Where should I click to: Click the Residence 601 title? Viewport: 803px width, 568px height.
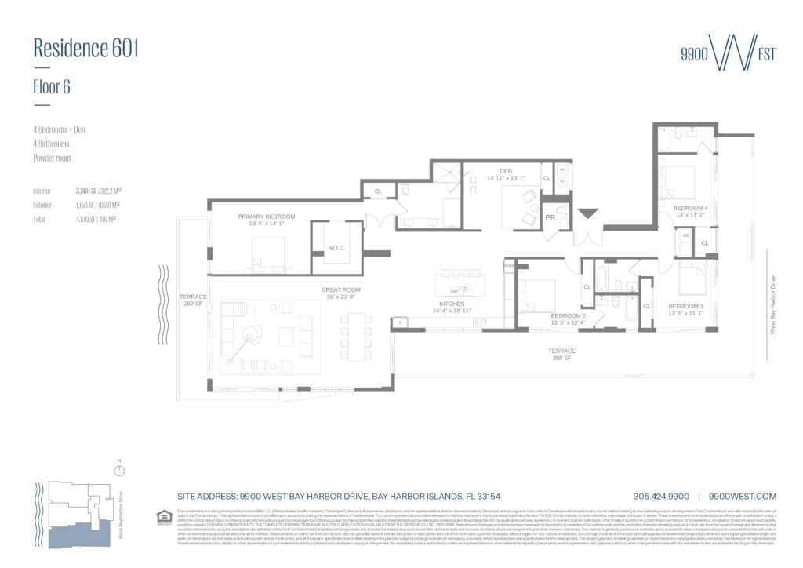pyautogui.click(x=85, y=49)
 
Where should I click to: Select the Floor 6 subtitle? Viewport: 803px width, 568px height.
pyautogui.click(x=52, y=87)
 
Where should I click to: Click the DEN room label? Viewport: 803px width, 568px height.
pyautogui.click(x=504, y=173)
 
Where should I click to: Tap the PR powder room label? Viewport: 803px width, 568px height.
pyautogui.click(x=550, y=217)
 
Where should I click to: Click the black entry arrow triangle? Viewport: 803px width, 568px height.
pyautogui.click(x=587, y=213)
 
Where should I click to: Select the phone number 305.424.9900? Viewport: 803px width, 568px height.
pyautogui.click(x=660, y=497)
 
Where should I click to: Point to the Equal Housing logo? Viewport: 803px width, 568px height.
pyautogui.click(x=165, y=517)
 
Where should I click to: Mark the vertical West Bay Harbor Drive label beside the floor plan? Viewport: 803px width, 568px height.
pyautogui.click(x=772, y=305)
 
